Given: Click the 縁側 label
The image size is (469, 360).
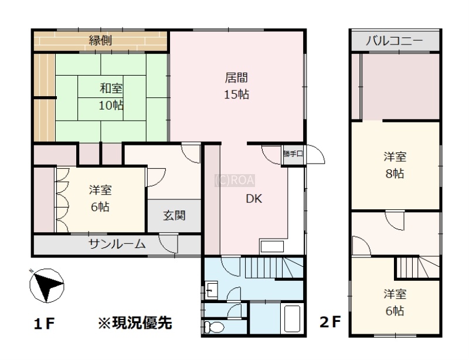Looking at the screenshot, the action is (x=100, y=40).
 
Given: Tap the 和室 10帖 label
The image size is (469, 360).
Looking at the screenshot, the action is (x=111, y=97).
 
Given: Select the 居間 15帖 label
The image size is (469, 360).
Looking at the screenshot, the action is (x=236, y=86).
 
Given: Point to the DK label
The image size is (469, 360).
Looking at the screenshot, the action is (x=254, y=199).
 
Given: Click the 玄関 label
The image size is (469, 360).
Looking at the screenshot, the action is (x=174, y=215).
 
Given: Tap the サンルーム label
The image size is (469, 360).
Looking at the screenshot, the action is (x=117, y=244).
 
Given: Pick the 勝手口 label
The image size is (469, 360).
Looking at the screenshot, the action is (x=293, y=154).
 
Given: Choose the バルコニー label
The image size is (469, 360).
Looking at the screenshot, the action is (x=395, y=40).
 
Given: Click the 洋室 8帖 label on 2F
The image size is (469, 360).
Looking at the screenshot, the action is (x=395, y=165).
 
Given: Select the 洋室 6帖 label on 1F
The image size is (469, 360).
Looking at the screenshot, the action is (x=100, y=198).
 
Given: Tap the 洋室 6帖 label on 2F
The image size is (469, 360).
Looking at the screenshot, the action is (x=395, y=303).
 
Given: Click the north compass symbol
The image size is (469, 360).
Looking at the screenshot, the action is (x=47, y=286).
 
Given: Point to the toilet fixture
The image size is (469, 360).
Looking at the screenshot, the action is (x=215, y=327).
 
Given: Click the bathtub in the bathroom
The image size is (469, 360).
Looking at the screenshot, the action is (x=291, y=319).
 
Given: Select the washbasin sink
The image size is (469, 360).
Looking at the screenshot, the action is (x=212, y=290).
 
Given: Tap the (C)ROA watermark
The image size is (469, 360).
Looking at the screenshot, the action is (x=235, y=181).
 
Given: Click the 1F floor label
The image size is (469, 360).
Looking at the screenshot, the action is (x=44, y=324).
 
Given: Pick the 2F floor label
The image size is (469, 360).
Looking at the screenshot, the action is (x=330, y=322).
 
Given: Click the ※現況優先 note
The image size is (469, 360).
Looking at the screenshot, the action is (x=135, y=323).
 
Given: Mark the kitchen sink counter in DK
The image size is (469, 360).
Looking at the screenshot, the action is (x=272, y=247).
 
